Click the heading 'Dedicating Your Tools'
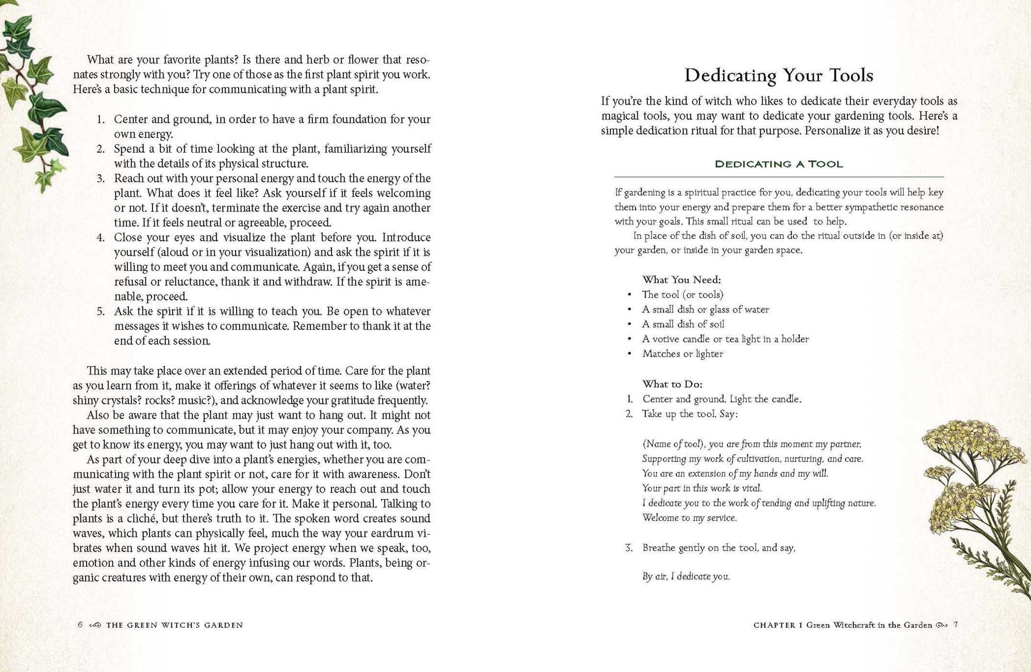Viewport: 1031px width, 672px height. pos(778,75)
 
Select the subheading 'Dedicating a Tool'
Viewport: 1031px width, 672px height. pos(778,164)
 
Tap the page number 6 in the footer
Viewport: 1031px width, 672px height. pos(80,625)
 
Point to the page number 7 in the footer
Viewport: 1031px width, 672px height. pos(956,625)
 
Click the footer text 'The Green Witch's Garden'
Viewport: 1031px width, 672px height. pos(174,625)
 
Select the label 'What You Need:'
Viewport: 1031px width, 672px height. pos(681,280)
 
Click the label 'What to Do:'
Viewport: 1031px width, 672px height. pos(672,384)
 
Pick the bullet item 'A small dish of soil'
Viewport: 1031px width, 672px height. pos(683,324)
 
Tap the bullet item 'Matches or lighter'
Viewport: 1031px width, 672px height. pos(683,354)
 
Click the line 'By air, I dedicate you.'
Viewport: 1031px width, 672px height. pos(686,577)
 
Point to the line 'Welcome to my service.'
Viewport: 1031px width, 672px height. pos(689,517)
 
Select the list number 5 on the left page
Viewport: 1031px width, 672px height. pos(101,312)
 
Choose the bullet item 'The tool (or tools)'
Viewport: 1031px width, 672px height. pos(683,294)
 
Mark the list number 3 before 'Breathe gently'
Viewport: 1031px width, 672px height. pos(629,548)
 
